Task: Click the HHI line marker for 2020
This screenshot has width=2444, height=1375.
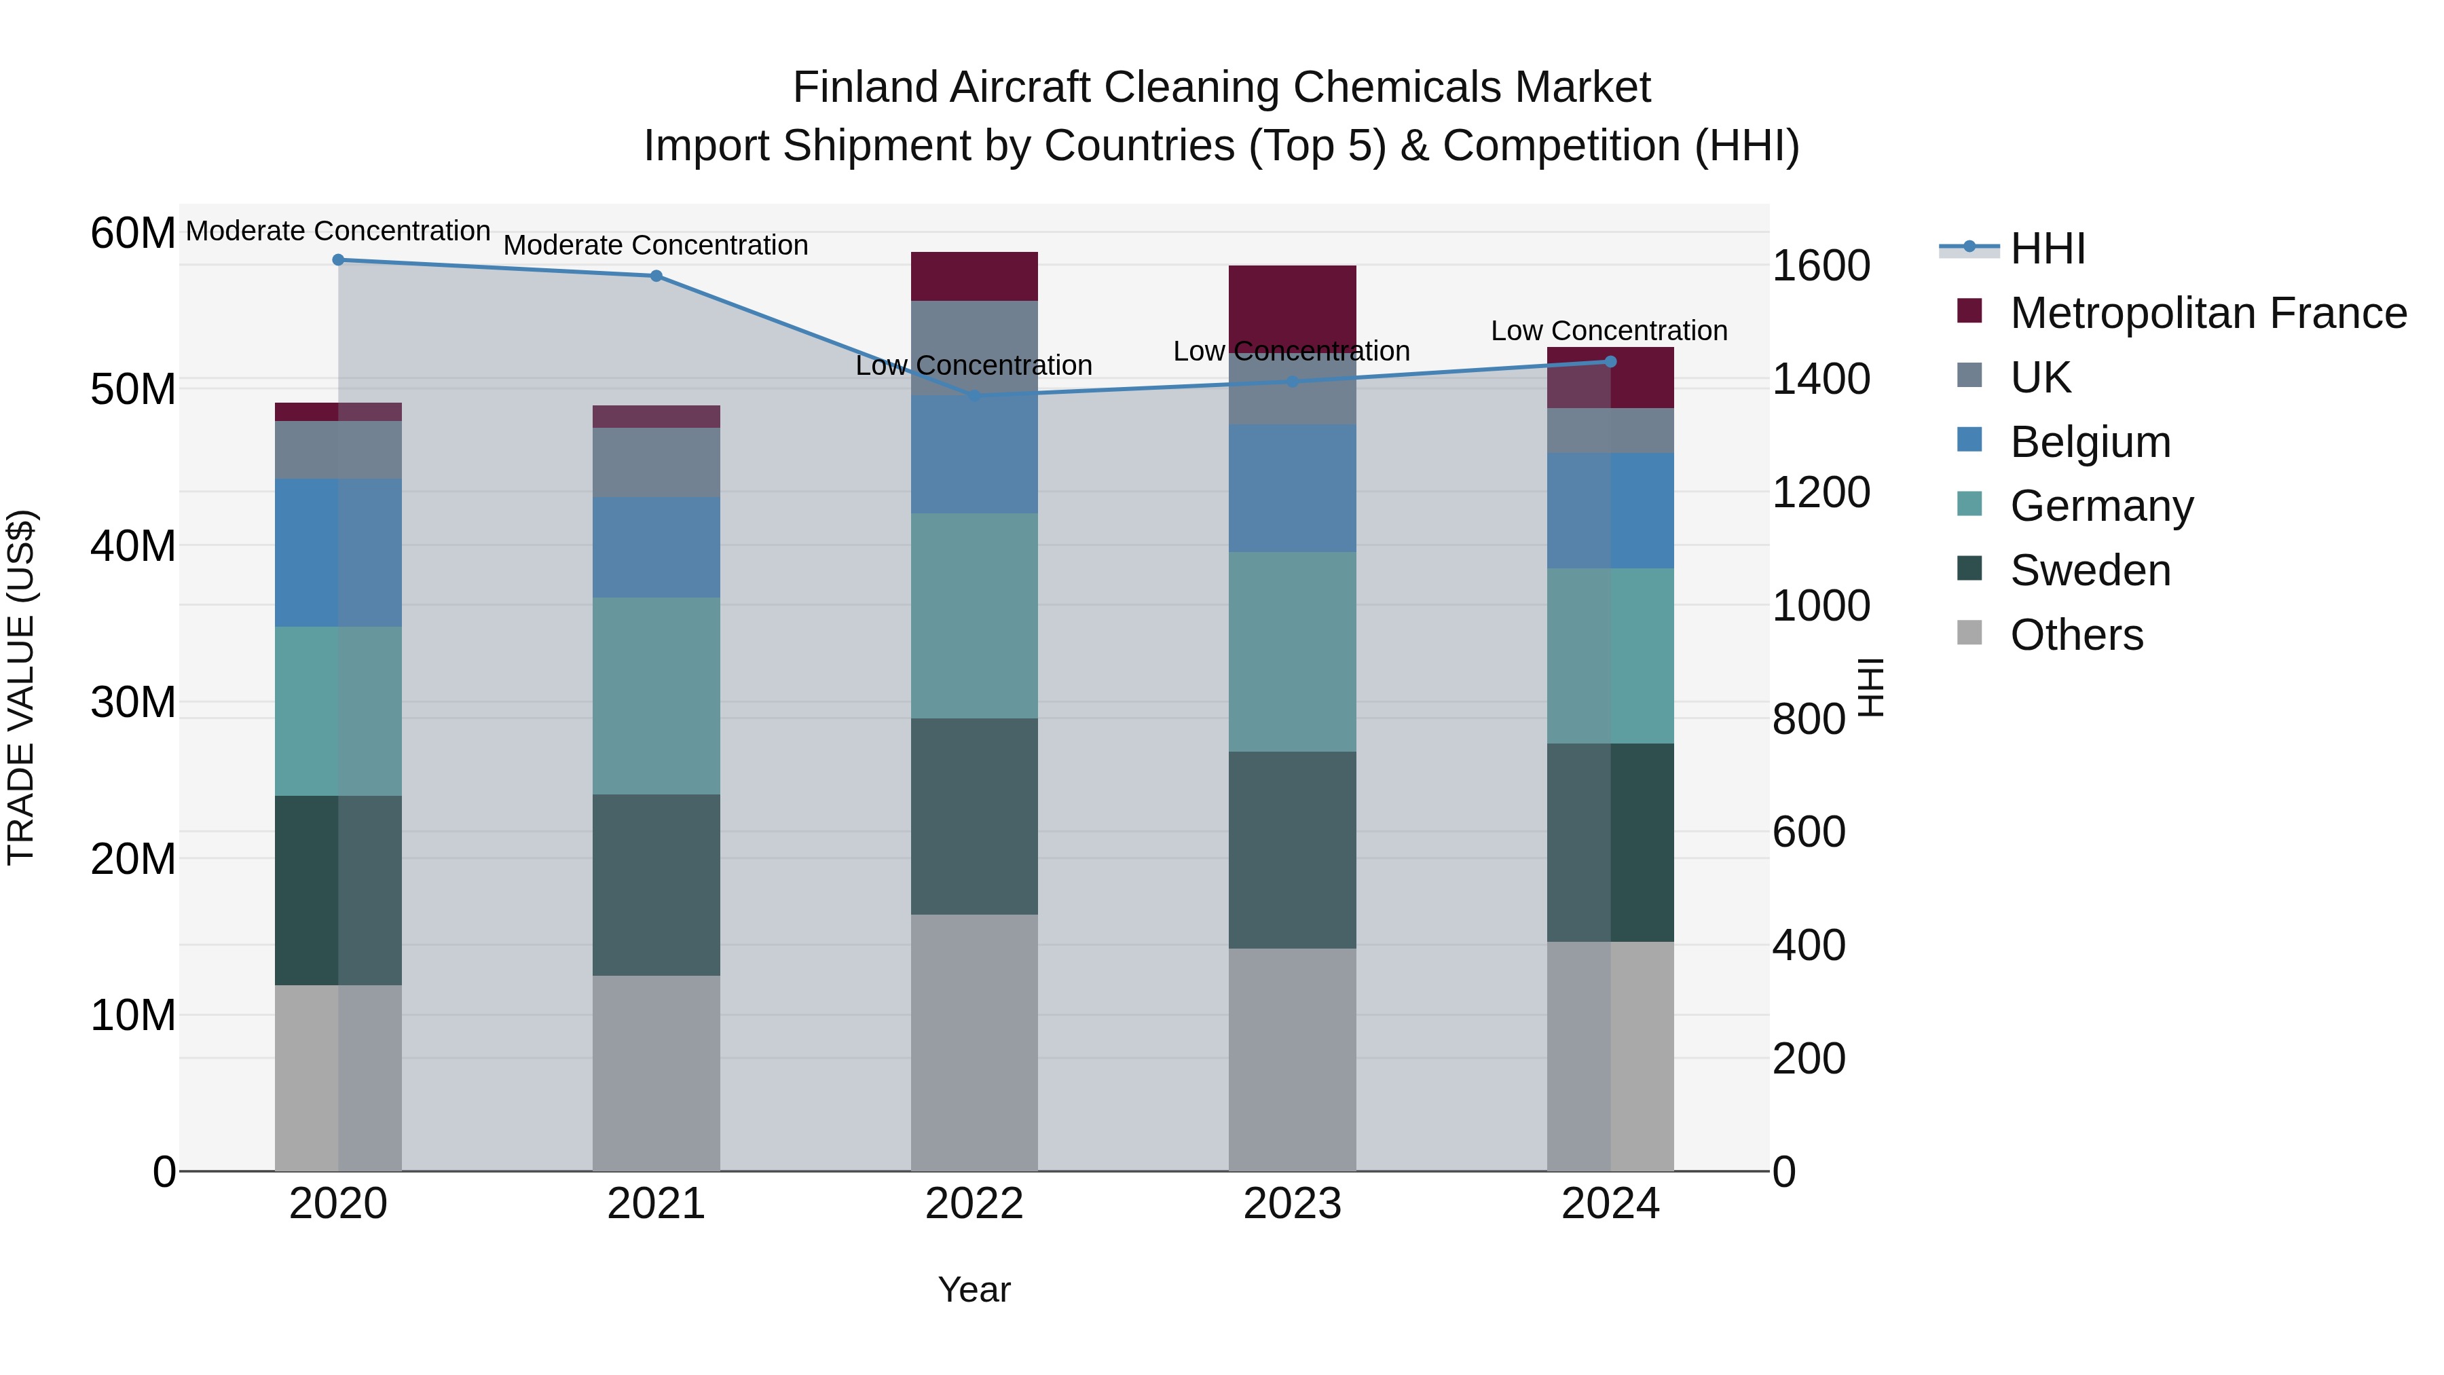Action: click(x=338, y=260)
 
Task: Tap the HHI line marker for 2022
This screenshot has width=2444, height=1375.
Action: click(x=974, y=395)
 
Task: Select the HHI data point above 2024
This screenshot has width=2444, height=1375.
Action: click(x=1610, y=361)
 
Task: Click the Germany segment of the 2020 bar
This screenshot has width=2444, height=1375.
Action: click(x=338, y=711)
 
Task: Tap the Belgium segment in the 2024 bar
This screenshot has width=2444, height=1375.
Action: click(x=1610, y=511)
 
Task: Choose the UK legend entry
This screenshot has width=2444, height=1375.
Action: click(x=2040, y=378)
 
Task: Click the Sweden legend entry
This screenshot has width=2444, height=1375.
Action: click(x=2089, y=570)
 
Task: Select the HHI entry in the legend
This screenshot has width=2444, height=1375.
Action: click(x=2048, y=249)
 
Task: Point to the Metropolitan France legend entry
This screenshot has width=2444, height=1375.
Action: click(x=2207, y=313)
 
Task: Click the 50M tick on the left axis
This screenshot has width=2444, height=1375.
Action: click(x=133, y=390)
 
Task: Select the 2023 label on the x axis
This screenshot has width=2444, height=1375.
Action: click(x=1291, y=1204)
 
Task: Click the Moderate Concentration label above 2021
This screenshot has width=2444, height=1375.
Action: click(x=656, y=245)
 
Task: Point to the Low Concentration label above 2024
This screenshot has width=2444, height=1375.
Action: click(x=1609, y=331)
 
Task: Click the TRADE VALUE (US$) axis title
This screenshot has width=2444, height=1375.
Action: click(x=21, y=687)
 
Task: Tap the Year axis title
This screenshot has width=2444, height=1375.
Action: click(x=974, y=1289)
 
